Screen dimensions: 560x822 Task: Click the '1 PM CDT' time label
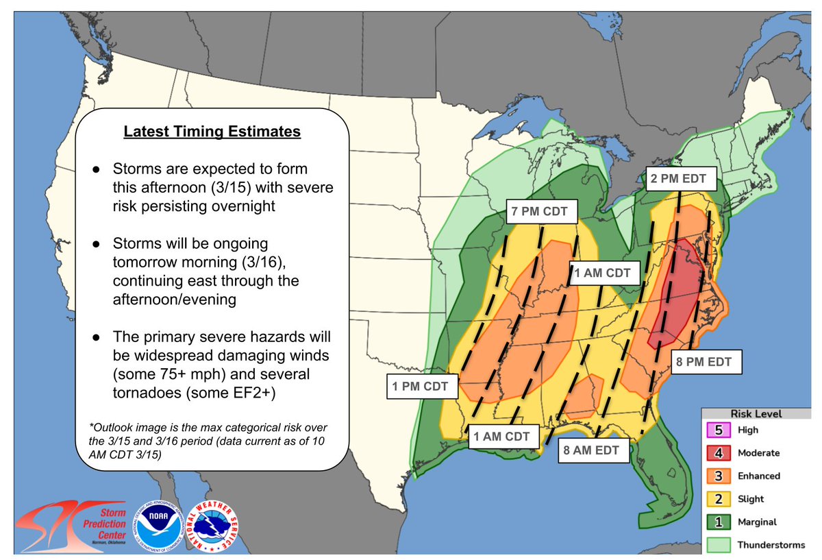pyautogui.click(x=419, y=387)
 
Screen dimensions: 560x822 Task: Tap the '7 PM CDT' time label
pyautogui.click(x=540, y=212)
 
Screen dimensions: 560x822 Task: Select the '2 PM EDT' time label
pyautogui.click(x=682, y=181)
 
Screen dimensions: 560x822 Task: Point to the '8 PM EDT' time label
pyautogui.click(x=706, y=362)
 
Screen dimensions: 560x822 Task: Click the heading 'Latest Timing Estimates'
pyautogui.click(x=212, y=132)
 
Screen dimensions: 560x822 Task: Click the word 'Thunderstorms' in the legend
pyautogui.click(x=770, y=545)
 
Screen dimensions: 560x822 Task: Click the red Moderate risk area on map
pyautogui.click(x=676, y=295)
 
